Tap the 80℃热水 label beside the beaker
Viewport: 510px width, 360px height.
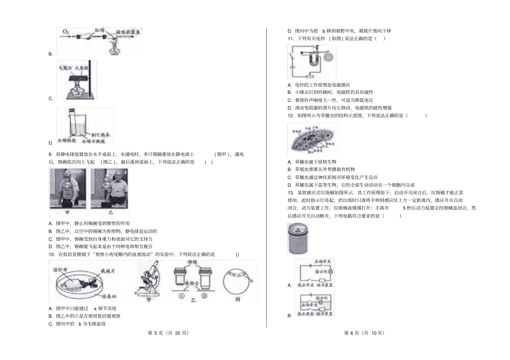[x=100, y=135]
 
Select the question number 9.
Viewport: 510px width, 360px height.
[x=50, y=154]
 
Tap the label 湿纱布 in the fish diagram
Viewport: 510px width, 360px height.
[x=59, y=267]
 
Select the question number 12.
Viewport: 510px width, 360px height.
[x=290, y=115]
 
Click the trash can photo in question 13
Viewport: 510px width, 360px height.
[x=298, y=238]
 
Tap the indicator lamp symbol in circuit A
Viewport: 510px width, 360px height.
[x=330, y=272]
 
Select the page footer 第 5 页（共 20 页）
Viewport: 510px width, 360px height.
[x=167, y=333]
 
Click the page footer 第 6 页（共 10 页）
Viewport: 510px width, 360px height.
[x=363, y=333]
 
